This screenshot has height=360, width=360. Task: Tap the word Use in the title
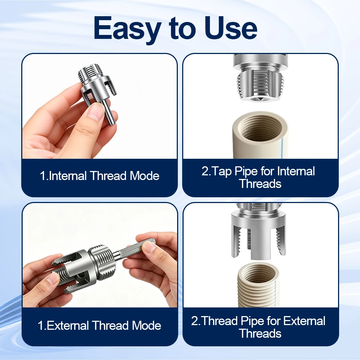(231, 28)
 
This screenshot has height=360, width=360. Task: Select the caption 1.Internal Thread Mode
(99, 176)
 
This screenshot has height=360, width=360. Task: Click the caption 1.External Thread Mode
(99, 325)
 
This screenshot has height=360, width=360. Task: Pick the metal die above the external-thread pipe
(258, 232)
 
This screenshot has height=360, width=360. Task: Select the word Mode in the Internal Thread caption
(144, 176)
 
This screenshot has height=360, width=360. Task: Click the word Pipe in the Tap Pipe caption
(246, 172)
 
